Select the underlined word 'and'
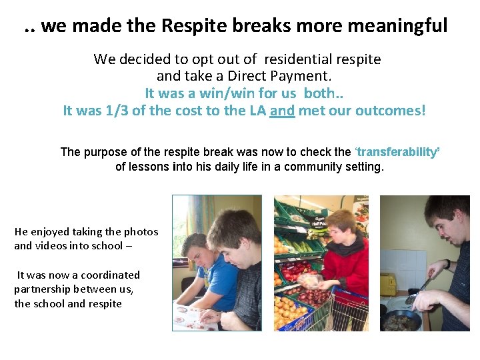point(282,111)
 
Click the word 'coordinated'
point(107,275)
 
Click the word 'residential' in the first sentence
point(304,59)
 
